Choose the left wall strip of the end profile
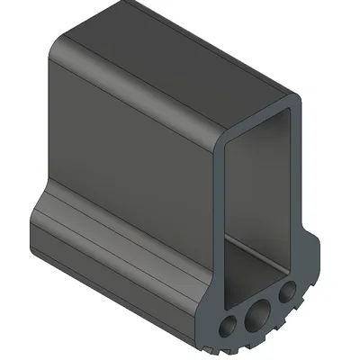tap(218, 225)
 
